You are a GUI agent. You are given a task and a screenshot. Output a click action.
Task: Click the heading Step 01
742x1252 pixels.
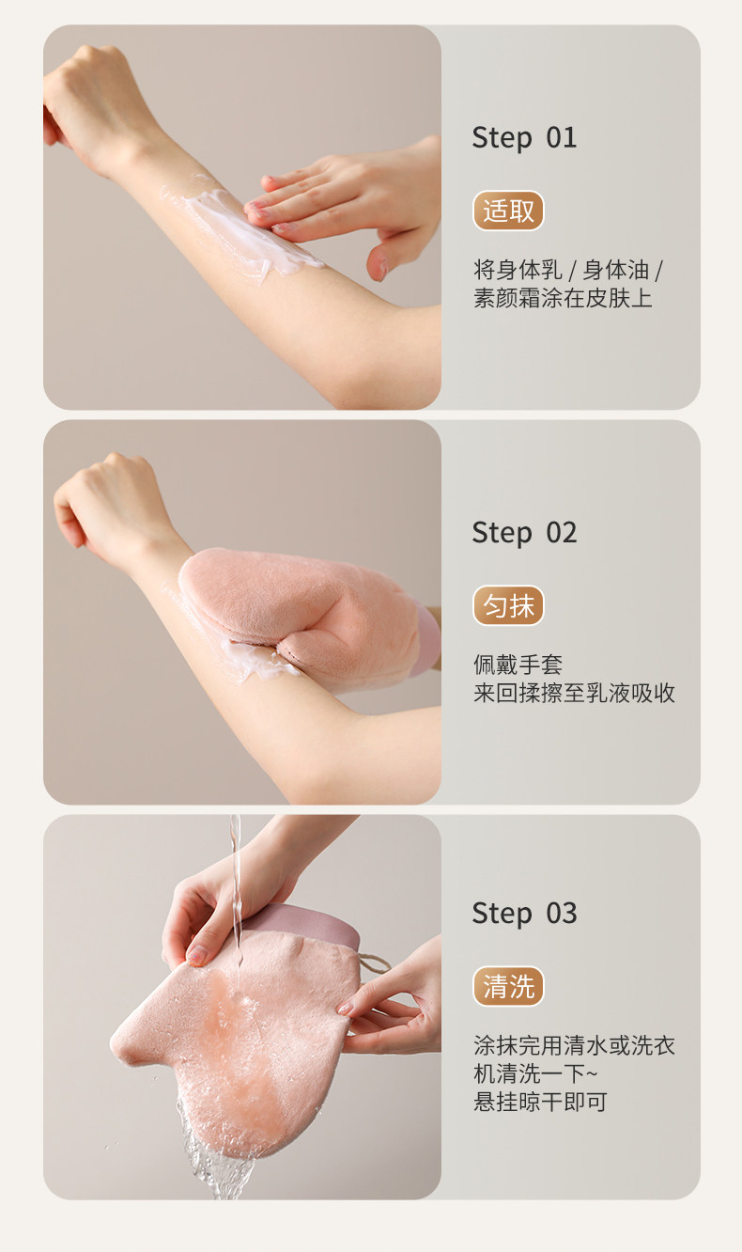point(524,138)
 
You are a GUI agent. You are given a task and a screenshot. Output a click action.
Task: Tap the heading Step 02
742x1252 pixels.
point(524,533)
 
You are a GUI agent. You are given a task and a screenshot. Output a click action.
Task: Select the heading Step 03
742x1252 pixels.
point(524,913)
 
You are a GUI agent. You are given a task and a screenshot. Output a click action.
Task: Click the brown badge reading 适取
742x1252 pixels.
point(508,211)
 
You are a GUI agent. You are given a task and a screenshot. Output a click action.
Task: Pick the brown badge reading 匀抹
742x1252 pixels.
point(508,606)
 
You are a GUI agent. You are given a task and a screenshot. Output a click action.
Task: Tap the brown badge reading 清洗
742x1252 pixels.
point(508,987)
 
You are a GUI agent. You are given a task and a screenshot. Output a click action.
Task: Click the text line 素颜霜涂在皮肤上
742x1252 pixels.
point(562,299)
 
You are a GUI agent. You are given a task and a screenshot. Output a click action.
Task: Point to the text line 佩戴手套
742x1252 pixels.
point(518,665)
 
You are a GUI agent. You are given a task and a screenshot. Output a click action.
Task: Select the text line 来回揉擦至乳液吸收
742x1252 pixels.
point(574,694)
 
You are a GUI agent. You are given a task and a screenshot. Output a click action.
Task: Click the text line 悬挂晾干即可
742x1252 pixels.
point(540,1102)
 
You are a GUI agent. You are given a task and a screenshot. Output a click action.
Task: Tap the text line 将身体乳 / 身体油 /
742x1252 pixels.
point(568,271)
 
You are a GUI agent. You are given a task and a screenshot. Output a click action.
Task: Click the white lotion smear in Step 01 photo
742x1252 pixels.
point(235,226)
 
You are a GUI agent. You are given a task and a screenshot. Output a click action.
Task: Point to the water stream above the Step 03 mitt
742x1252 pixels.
point(235,874)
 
